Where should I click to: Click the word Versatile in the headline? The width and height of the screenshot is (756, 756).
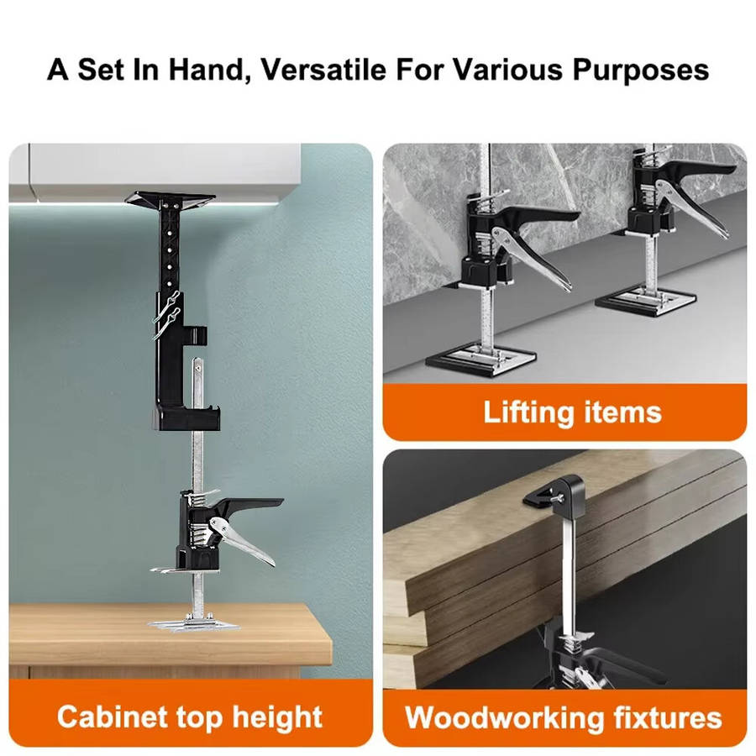tap(323, 70)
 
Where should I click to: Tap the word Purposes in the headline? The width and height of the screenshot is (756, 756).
tap(641, 71)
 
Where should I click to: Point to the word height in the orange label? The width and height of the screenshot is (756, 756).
tap(278, 717)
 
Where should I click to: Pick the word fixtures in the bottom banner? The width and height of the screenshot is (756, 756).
tap(668, 717)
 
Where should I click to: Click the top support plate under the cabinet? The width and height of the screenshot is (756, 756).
tap(170, 199)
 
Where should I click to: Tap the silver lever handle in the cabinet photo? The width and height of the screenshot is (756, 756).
tap(240, 539)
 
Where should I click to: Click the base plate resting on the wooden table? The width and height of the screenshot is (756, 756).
tap(193, 624)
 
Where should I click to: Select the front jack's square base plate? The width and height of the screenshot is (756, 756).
tap(480, 360)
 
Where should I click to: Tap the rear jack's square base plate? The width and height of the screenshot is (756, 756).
tap(646, 302)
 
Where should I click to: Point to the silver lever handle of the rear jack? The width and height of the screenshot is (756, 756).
tap(692, 207)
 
